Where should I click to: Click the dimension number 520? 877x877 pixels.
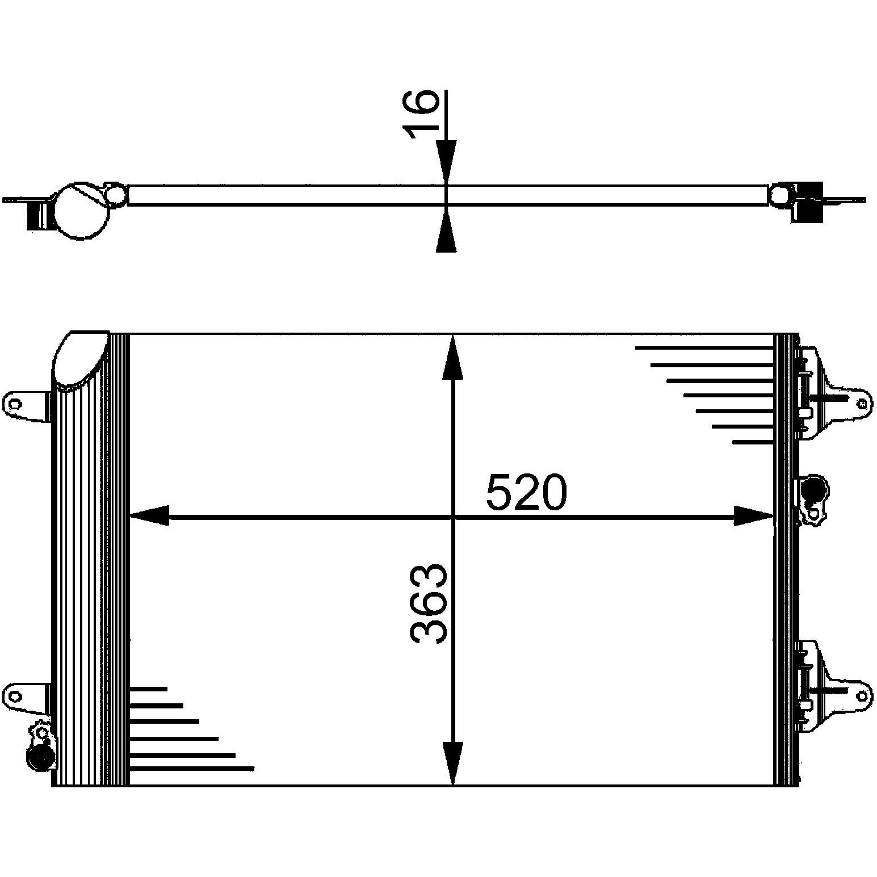pos(526,492)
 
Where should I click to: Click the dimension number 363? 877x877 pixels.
pos(429,603)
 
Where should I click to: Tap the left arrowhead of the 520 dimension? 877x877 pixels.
pos(150,516)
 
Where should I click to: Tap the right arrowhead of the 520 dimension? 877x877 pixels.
pos(754,516)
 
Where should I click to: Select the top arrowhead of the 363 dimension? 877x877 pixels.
pos(452,356)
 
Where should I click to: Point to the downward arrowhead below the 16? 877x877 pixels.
pos(446,162)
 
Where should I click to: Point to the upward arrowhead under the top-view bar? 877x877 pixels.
pos(446,230)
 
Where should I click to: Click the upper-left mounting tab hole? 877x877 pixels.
pos(15,404)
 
